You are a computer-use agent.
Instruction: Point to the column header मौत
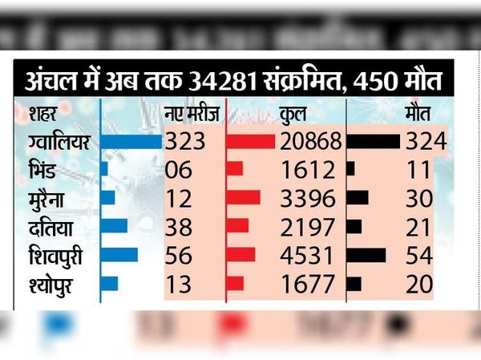418,113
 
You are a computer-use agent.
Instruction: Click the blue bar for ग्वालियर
131,142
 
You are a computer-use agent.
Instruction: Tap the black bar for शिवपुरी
366,255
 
